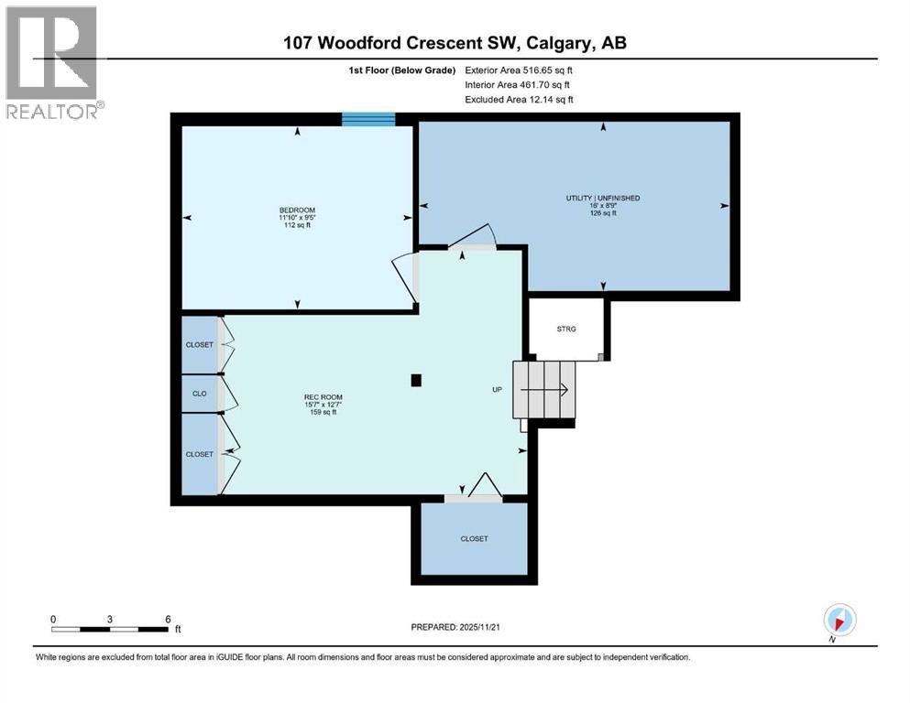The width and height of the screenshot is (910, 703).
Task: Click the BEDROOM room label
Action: (x=297, y=209)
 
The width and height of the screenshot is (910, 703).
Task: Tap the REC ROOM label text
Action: (x=323, y=395)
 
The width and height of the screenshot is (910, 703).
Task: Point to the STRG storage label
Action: (x=566, y=329)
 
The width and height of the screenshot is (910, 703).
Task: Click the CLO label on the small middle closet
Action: (x=199, y=394)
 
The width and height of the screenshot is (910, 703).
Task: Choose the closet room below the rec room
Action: (x=474, y=539)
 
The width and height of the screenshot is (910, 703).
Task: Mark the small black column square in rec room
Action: (x=417, y=380)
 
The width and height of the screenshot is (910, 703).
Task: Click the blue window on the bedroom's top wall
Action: (x=368, y=118)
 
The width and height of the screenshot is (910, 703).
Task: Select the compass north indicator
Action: (x=839, y=620)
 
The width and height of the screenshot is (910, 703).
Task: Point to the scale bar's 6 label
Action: (x=167, y=619)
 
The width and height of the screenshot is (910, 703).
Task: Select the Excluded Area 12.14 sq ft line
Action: (x=519, y=99)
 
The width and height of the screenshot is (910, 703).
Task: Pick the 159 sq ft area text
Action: (x=323, y=412)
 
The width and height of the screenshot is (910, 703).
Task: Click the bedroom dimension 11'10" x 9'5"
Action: (x=297, y=217)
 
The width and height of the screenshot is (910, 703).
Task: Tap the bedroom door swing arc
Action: (x=401, y=275)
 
